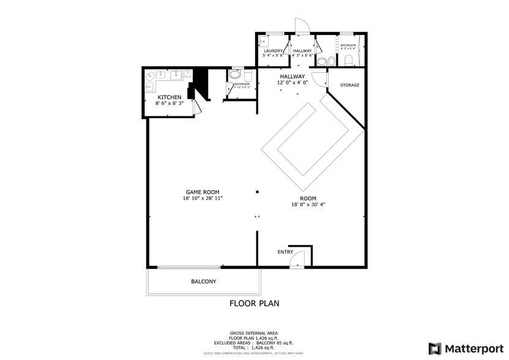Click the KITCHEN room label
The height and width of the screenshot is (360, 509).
[x=169, y=97]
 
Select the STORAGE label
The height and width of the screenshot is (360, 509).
[x=350, y=85]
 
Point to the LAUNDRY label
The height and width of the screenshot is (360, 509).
[x=273, y=50]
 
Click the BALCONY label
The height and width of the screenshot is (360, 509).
[x=204, y=282]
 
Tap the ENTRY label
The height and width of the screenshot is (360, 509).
[x=285, y=252]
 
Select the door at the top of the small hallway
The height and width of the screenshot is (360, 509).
[x=301, y=26]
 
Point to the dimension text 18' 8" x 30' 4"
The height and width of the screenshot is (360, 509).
[x=308, y=204]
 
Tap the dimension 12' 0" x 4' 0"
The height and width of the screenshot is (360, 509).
[x=292, y=83]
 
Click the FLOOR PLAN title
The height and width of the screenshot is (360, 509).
[x=254, y=303]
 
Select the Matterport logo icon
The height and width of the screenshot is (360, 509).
[x=434, y=348]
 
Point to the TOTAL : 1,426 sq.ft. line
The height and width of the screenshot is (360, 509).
[x=254, y=347]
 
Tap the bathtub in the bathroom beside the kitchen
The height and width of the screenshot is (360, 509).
[x=235, y=76]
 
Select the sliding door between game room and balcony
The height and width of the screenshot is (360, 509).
[x=189, y=267]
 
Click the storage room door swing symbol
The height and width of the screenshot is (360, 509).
[x=319, y=79]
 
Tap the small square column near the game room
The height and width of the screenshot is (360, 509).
[x=258, y=192]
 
